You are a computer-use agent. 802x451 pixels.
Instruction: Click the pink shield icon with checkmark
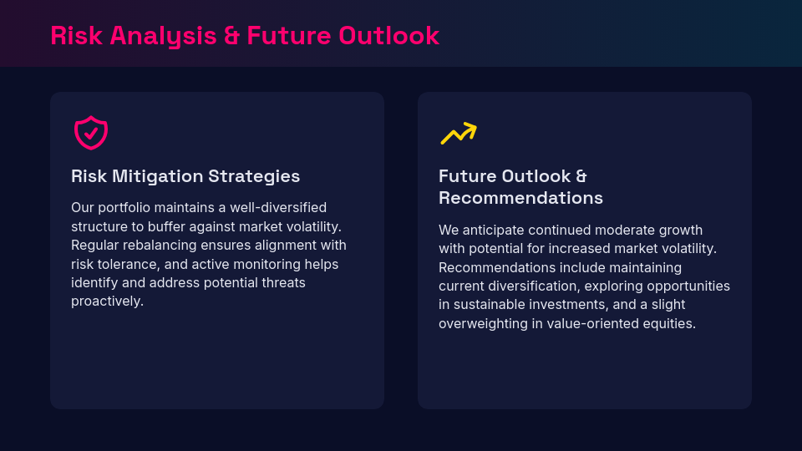tap(91, 133)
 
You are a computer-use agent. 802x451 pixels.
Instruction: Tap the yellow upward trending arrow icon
tap(458, 134)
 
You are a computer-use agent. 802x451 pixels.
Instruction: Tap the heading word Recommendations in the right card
tap(520, 198)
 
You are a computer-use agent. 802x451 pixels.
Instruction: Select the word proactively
tap(107, 302)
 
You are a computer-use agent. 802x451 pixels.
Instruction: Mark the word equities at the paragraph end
tap(670, 323)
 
